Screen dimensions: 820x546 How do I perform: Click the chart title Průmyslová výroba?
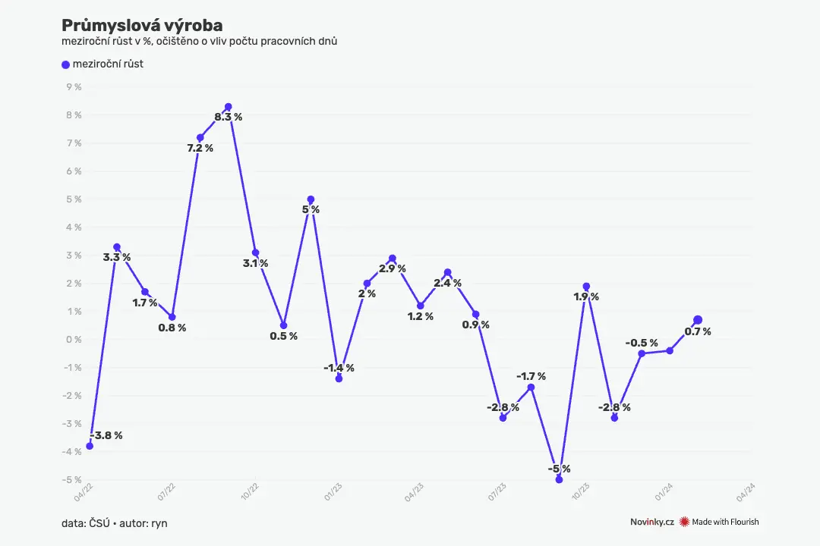coord(142,25)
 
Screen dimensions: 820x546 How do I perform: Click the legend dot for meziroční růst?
coord(65,64)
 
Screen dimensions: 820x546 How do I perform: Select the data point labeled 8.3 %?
coord(228,107)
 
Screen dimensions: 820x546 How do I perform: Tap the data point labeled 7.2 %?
coord(200,138)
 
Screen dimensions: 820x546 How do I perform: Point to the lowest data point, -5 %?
coord(559,479)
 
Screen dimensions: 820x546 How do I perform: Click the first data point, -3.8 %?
coord(90,446)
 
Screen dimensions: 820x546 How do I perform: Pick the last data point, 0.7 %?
coord(698,320)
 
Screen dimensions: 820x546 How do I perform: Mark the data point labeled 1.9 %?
coord(586,287)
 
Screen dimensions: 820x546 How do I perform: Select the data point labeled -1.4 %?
coord(339,379)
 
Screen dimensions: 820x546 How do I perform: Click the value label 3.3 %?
coord(117,257)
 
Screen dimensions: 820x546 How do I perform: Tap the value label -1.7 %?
coord(531,376)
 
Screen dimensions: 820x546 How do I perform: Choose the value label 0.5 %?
coord(283,336)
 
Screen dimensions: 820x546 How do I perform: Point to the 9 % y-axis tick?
coord(74,86)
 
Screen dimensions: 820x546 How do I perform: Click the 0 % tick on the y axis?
coord(74,340)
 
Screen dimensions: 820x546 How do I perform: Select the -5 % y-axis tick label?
coord(72,479)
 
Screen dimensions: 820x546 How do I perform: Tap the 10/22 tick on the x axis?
coord(250,491)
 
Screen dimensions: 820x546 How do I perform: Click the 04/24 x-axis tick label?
coord(746,492)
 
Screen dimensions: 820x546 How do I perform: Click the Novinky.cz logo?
coord(651,522)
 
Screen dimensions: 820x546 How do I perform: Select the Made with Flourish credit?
coord(719,522)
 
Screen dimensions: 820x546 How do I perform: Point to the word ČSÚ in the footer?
coord(99,523)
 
